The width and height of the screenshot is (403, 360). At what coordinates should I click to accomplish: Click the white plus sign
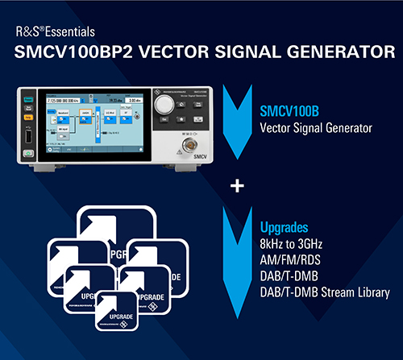237,187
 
